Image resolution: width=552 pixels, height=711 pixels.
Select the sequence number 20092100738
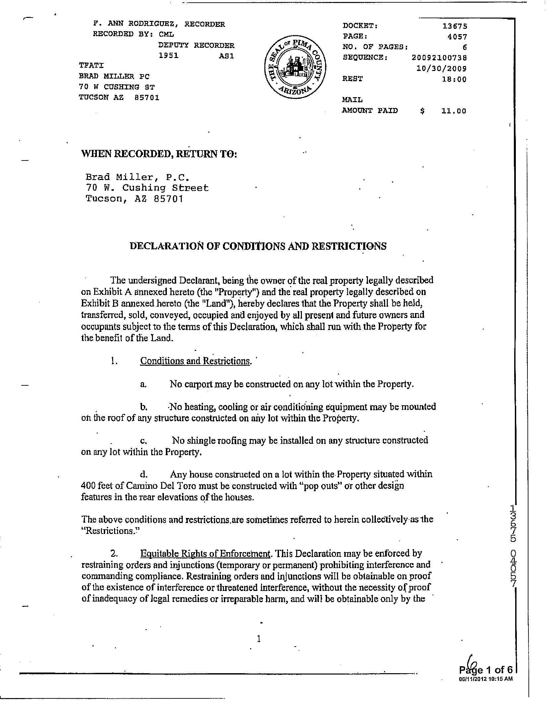pos(439,58)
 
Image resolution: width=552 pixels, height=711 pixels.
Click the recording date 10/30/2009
pos(441,69)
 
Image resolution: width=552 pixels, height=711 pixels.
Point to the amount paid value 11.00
pos(453,111)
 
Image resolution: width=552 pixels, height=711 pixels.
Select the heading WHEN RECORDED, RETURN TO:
pos(159,154)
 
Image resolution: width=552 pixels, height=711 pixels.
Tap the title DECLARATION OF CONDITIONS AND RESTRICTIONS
pos(258,246)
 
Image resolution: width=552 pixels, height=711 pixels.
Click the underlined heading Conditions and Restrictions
pos(195,361)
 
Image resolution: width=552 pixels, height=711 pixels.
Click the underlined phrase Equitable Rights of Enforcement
pos(205,553)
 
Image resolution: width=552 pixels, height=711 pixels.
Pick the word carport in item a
pos(198,384)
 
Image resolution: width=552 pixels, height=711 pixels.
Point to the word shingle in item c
pos(201,440)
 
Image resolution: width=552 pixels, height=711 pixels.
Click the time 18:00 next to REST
pos(454,80)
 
